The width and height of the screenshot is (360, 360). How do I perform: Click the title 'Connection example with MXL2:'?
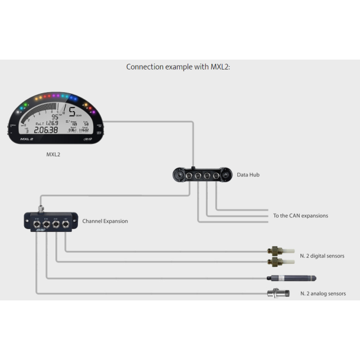pos(178,67)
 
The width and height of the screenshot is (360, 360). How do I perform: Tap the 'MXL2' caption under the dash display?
pos(54,155)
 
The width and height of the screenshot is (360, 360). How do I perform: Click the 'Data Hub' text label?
pos(248,175)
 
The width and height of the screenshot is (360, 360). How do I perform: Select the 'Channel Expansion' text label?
pos(105,221)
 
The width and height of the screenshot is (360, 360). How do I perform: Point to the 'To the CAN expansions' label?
pos(300,216)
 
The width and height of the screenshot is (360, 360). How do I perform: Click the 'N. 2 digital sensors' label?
pos(322,256)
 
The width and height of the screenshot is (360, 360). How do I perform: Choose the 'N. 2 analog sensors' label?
pos(323,293)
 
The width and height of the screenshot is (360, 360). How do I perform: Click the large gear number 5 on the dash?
pos(71,112)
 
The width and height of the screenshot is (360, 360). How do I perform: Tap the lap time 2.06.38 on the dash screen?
pos(46,130)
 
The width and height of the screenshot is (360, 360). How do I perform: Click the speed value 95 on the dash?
pos(55,116)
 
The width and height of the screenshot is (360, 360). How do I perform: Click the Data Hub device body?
pos(198,175)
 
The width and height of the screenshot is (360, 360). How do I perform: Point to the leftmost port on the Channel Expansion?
pos(37,224)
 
